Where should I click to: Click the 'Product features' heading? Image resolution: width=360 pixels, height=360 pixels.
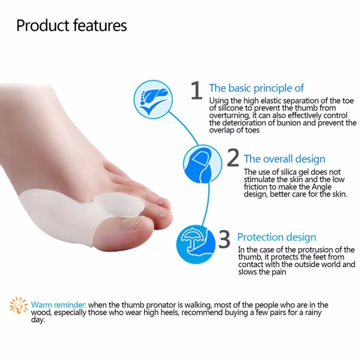click(x=72, y=26)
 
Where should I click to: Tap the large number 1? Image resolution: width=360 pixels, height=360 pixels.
click(x=197, y=90)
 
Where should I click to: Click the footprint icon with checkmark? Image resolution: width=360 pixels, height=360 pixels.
click(x=153, y=98)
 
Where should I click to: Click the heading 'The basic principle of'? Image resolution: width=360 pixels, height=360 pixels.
click(x=256, y=88)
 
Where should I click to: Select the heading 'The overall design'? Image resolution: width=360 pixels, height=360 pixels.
click(x=284, y=159)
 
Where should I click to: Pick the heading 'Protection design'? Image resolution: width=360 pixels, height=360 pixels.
click(x=276, y=237)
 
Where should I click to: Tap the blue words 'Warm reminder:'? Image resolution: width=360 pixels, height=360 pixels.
click(x=59, y=305)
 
